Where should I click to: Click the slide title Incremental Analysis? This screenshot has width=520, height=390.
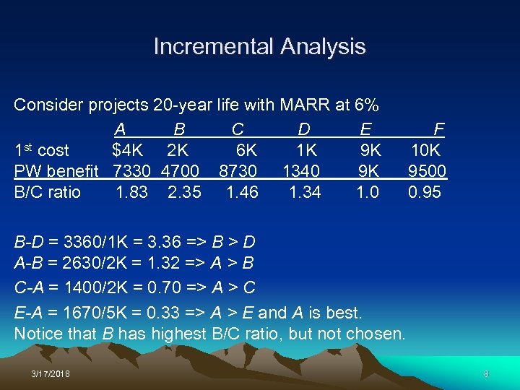tap(259, 47)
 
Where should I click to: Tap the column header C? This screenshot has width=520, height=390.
tap(238, 130)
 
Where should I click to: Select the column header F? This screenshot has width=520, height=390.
tap(438, 130)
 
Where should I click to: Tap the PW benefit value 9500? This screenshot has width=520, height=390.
tap(427, 172)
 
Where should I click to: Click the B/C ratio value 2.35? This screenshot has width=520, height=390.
tap(184, 193)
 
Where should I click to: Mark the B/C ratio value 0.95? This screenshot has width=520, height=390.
tap(425, 193)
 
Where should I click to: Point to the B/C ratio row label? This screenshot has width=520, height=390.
tap(48, 193)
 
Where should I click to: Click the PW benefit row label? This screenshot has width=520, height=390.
tap(56, 172)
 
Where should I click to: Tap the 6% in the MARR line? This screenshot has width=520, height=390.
tap(367, 105)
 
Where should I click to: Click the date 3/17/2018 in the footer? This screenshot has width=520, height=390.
tap(51, 374)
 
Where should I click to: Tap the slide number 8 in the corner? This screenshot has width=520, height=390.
tap(486, 374)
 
